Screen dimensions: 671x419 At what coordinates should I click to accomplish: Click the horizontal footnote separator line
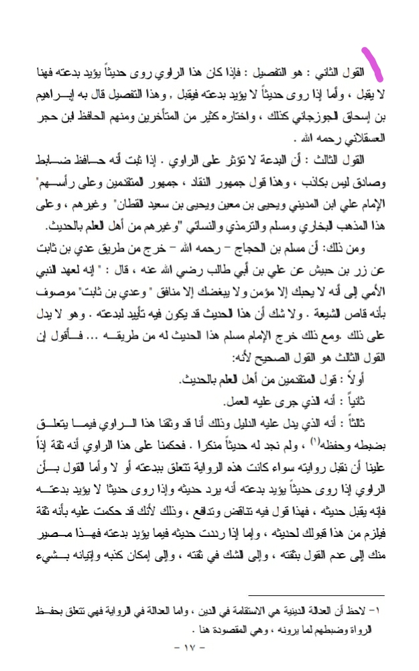click(315, 595)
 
